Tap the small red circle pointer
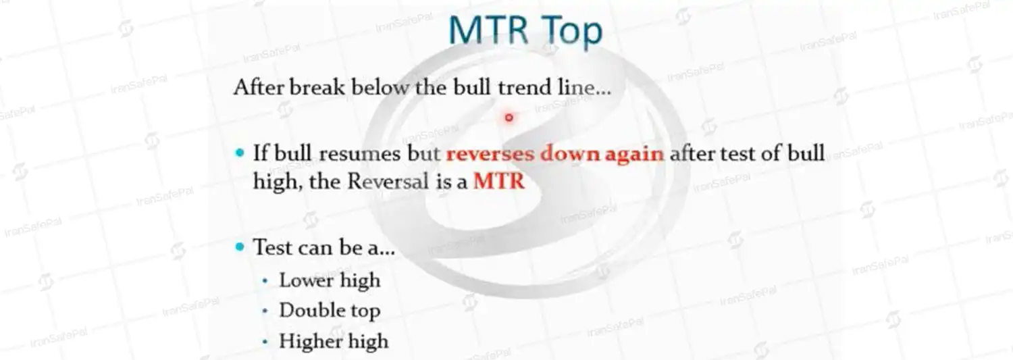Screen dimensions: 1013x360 pos(509,118)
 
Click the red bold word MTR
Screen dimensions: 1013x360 pos(499,182)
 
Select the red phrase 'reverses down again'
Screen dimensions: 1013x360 pos(555,153)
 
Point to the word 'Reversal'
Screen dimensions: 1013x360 pos(388,182)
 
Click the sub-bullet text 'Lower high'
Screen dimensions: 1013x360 pos(330,280)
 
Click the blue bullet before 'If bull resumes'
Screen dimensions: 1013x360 pos(240,153)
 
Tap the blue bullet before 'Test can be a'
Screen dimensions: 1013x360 pos(240,247)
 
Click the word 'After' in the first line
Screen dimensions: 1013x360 pos(259,87)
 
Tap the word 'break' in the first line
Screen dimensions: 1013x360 pos(317,87)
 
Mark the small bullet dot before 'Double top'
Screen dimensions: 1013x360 pos(265,311)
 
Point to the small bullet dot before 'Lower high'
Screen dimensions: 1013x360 pos(265,281)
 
